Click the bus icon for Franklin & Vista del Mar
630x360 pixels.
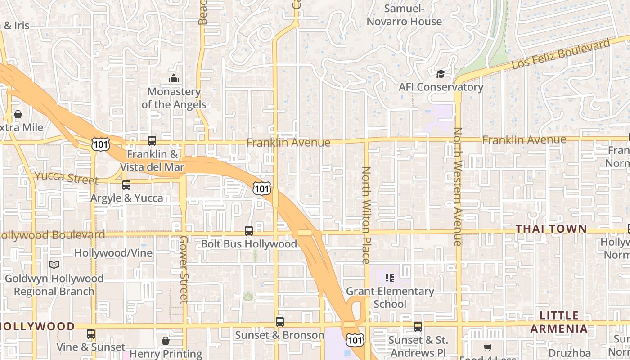(x=152, y=141)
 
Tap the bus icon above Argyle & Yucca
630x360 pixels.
(x=126, y=185)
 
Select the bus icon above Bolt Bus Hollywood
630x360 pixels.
(x=249, y=231)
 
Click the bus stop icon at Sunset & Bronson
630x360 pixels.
(x=280, y=322)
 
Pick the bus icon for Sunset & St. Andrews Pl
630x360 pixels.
(x=418, y=327)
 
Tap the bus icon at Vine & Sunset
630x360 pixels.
(x=91, y=334)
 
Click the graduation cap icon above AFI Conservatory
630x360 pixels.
(x=441, y=74)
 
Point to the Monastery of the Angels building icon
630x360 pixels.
(x=174, y=79)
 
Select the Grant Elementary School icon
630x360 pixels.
(x=390, y=278)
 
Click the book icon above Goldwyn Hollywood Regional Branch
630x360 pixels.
(x=54, y=265)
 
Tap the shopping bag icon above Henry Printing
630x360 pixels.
(x=166, y=341)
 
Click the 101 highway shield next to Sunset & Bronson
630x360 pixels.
(x=355, y=340)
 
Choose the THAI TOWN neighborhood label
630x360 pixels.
(x=551, y=229)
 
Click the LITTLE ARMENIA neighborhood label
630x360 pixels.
(x=559, y=322)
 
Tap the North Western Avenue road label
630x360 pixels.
(x=458, y=186)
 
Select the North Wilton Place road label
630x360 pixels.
(x=366, y=215)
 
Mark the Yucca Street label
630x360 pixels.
(x=66, y=178)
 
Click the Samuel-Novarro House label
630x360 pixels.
(x=404, y=15)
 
